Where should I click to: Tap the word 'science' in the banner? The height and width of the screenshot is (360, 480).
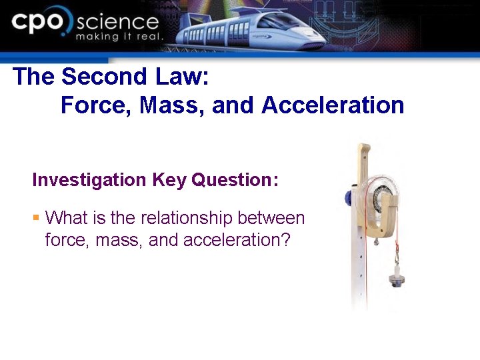tap(117, 23)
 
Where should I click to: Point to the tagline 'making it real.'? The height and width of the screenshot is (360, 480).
tap(119, 37)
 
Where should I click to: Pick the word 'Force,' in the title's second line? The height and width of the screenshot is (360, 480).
tap(97, 105)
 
